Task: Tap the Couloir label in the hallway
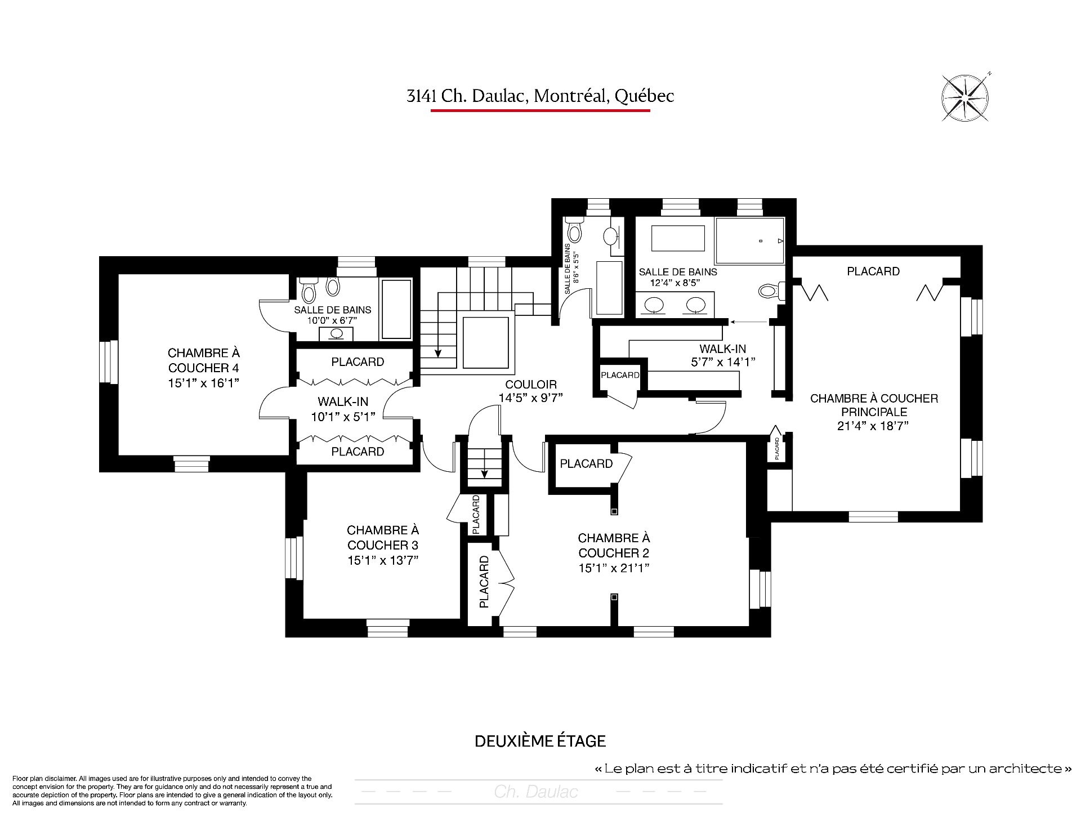click(531, 385)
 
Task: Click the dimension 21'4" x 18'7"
click(873, 426)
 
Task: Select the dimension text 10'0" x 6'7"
click(332, 320)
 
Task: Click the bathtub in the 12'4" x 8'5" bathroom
click(678, 239)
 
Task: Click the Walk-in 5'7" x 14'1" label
click(723, 355)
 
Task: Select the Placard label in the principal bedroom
click(873, 271)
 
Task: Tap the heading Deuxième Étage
click(540, 741)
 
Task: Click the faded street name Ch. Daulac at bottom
click(536, 792)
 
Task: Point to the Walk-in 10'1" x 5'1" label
click(343, 409)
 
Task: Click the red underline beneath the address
click(540, 110)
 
